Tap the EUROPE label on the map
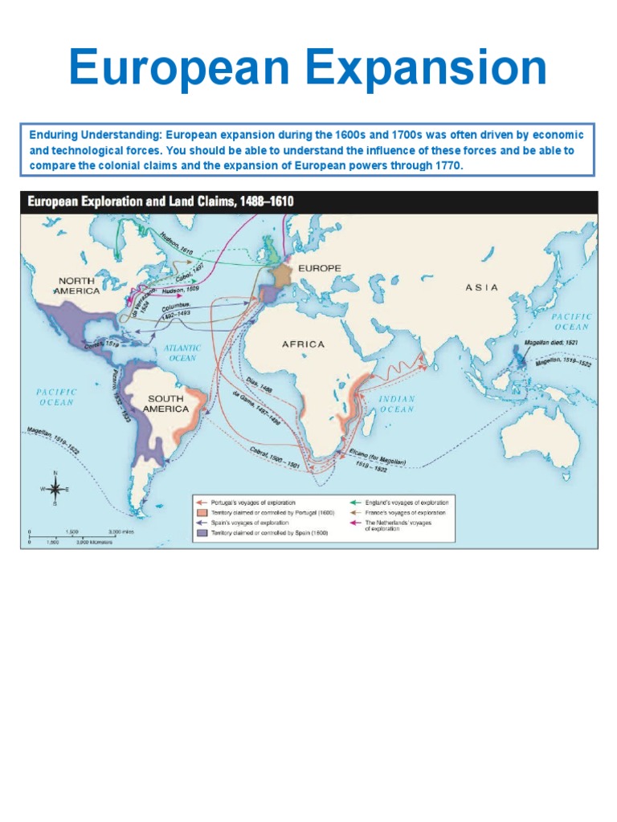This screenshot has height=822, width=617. click(x=320, y=267)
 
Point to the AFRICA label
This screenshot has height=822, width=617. click(x=303, y=344)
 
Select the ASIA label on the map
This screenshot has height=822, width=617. click(x=481, y=287)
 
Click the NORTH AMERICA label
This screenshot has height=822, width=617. click(x=78, y=286)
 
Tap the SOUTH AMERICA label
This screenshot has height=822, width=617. click(x=165, y=404)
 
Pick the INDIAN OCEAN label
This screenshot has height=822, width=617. click(x=397, y=404)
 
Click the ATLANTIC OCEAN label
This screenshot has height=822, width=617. click(x=182, y=353)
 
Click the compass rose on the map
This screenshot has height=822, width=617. click(x=55, y=488)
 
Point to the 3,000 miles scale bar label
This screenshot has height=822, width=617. click(x=122, y=532)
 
